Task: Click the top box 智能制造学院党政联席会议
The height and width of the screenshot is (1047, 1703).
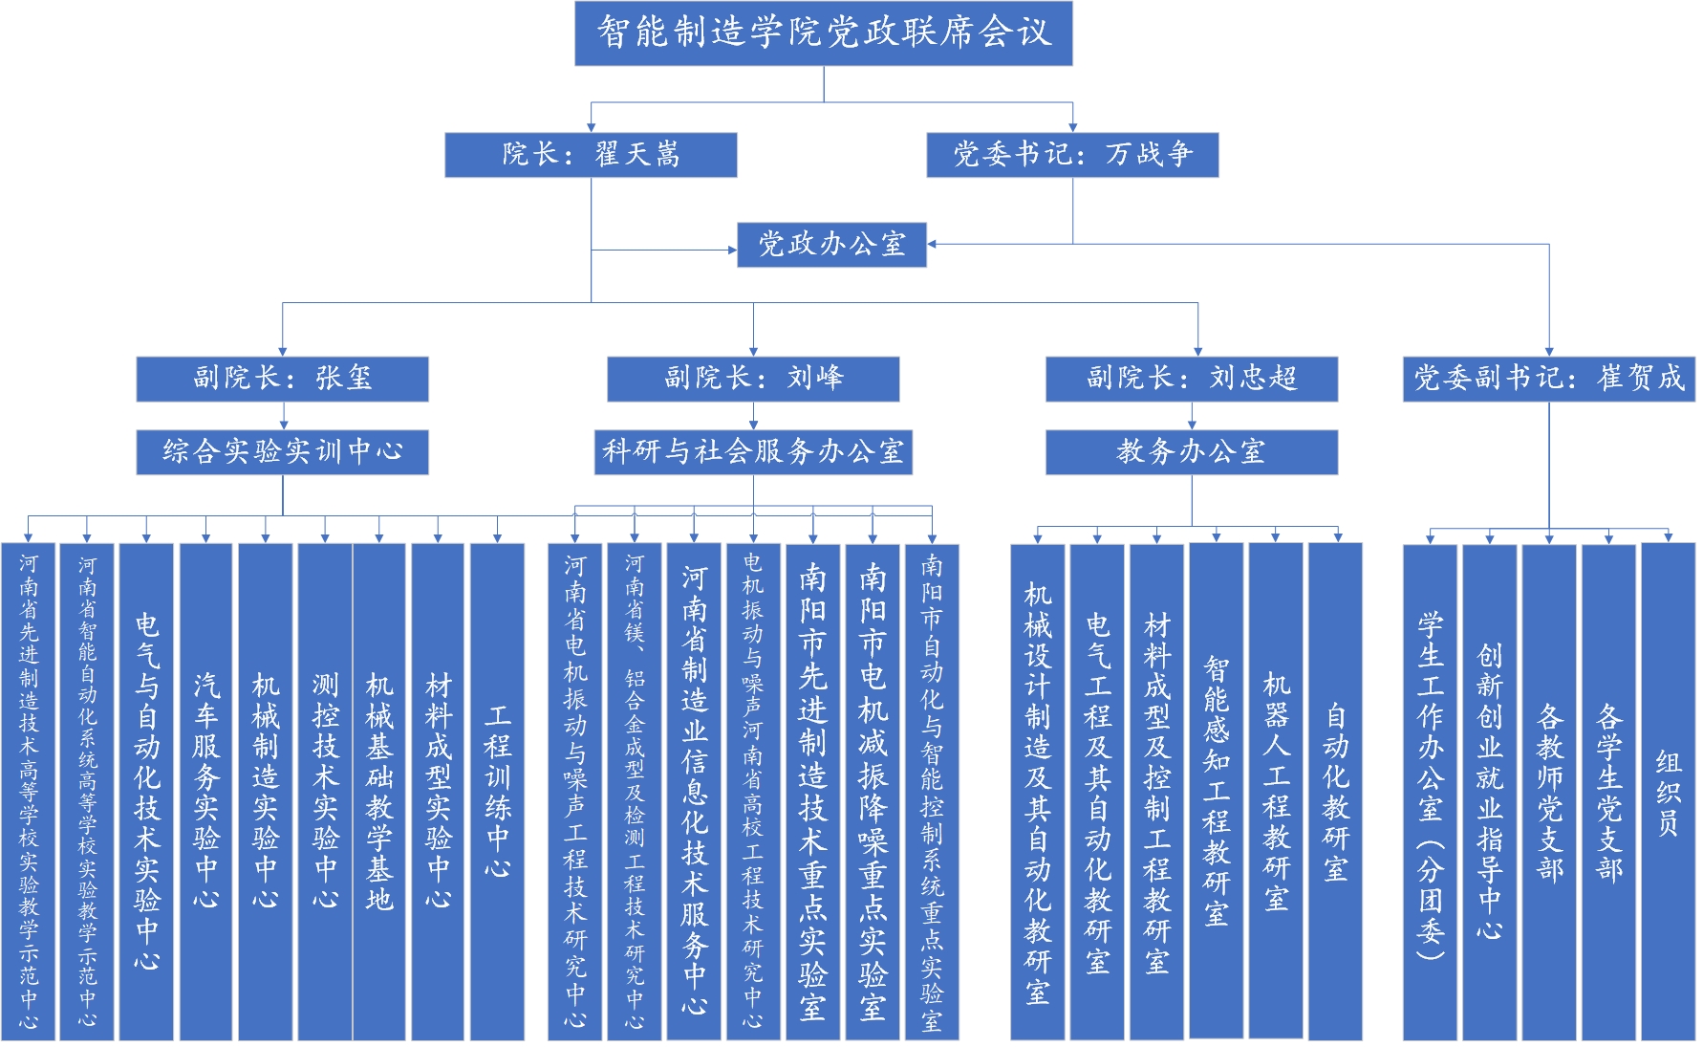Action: click(823, 33)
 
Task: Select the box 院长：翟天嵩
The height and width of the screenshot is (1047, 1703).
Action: click(591, 155)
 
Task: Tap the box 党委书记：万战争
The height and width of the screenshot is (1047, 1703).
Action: click(1072, 155)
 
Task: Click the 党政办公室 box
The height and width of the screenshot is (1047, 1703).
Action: click(831, 245)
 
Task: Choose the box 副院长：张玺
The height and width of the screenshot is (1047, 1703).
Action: click(282, 379)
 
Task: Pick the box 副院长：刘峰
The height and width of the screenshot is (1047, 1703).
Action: click(753, 379)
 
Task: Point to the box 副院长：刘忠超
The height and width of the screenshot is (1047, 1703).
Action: click(1192, 379)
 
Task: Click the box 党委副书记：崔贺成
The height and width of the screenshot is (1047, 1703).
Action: click(1548, 379)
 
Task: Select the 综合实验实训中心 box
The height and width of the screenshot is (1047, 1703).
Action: click(282, 452)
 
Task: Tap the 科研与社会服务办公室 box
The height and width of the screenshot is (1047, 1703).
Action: click(753, 452)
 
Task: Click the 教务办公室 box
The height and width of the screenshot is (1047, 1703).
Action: click(1192, 452)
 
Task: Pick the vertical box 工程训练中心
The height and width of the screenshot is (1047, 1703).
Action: click(497, 792)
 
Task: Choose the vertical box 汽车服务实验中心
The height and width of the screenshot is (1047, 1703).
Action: click(205, 792)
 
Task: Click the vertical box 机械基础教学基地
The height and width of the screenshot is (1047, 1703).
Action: click(379, 792)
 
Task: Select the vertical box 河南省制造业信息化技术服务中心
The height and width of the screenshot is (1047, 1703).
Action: click(694, 792)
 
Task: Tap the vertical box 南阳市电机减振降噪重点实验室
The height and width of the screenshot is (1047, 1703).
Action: click(872, 792)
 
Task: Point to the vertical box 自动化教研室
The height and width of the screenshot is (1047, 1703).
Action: click(1335, 792)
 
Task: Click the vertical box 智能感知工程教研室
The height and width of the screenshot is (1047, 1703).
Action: click(1216, 792)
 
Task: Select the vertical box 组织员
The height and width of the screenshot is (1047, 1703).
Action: click(1668, 792)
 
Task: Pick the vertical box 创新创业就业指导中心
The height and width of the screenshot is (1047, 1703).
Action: click(1489, 792)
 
